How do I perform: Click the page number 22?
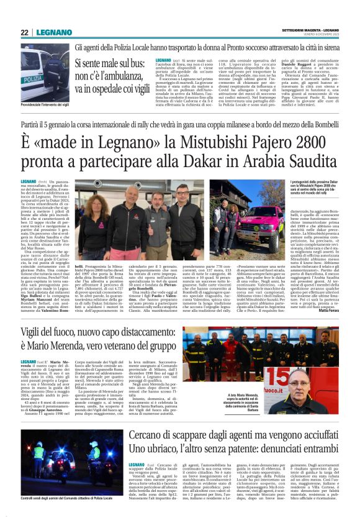(25, 32)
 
